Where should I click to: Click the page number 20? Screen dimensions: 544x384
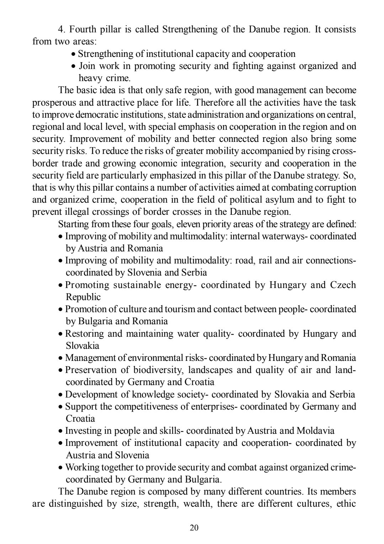click(194, 528)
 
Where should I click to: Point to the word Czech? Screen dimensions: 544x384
click(343, 285)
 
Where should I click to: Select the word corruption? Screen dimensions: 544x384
click(338, 187)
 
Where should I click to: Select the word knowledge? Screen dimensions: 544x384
click(155, 394)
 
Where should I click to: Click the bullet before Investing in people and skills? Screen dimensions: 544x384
click(61, 431)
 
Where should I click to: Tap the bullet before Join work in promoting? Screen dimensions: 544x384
click(74, 66)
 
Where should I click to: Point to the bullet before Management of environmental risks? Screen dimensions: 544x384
click(61, 358)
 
